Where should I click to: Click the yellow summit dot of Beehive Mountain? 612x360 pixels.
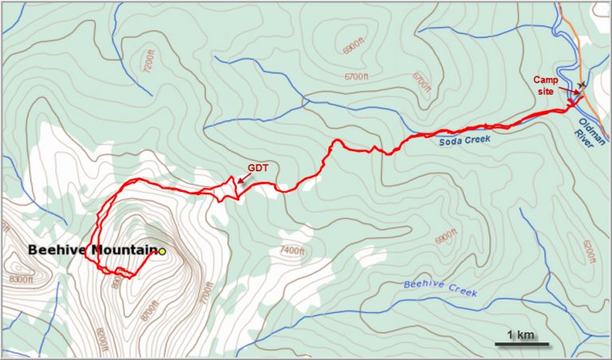tap(162, 252)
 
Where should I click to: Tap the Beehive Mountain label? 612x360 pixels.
tap(92, 250)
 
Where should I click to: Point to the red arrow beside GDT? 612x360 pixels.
tap(245, 182)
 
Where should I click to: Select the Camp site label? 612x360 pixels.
tap(547, 82)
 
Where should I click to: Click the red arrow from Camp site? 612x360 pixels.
tap(572, 93)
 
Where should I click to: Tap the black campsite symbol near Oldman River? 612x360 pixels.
tap(582, 84)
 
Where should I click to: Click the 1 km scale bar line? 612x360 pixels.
tap(521, 344)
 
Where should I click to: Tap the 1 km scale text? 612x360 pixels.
tap(521, 334)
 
